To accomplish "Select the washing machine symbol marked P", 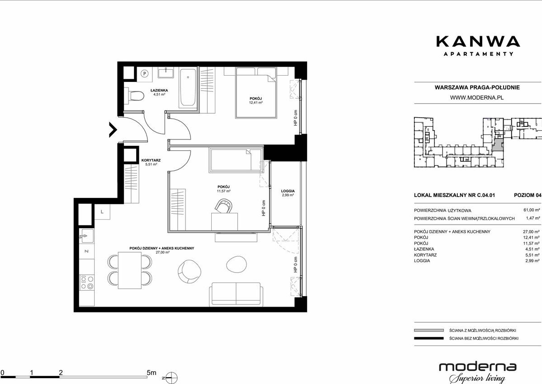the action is point(145,74).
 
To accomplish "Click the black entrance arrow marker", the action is point(113,130).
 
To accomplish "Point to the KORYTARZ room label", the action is point(151,160).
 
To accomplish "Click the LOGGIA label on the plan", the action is point(288,191).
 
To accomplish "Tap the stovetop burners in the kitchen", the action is point(86,282).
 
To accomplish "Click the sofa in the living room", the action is point(236,294).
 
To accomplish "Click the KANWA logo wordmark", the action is point(478,41).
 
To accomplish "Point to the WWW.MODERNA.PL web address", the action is point(477,97).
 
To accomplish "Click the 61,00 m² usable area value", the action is point(532,210).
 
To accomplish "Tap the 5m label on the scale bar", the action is point(151,373).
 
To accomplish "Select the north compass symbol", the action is point(171,377).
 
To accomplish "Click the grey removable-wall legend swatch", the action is point(428,331).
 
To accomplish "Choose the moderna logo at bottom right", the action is point(478,371).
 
